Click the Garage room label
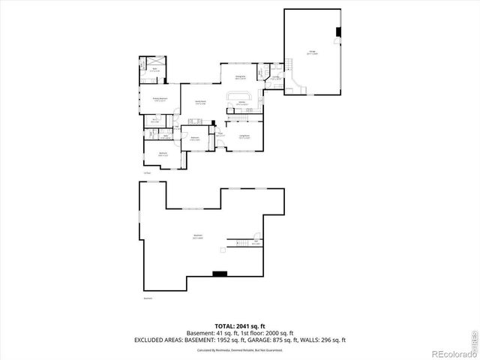[x=312, y=52]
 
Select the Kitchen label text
[x=242, y=102]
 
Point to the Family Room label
[x=200, y=103]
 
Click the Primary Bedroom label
[x=160, y=99]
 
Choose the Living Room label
[x=244, y=136]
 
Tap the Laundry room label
[x=275, y=77]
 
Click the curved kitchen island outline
[x=234, y=98]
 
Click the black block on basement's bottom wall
[x=220, y=273]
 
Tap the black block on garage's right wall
[x=339, y=31]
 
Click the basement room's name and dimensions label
[x=199, y=236]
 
